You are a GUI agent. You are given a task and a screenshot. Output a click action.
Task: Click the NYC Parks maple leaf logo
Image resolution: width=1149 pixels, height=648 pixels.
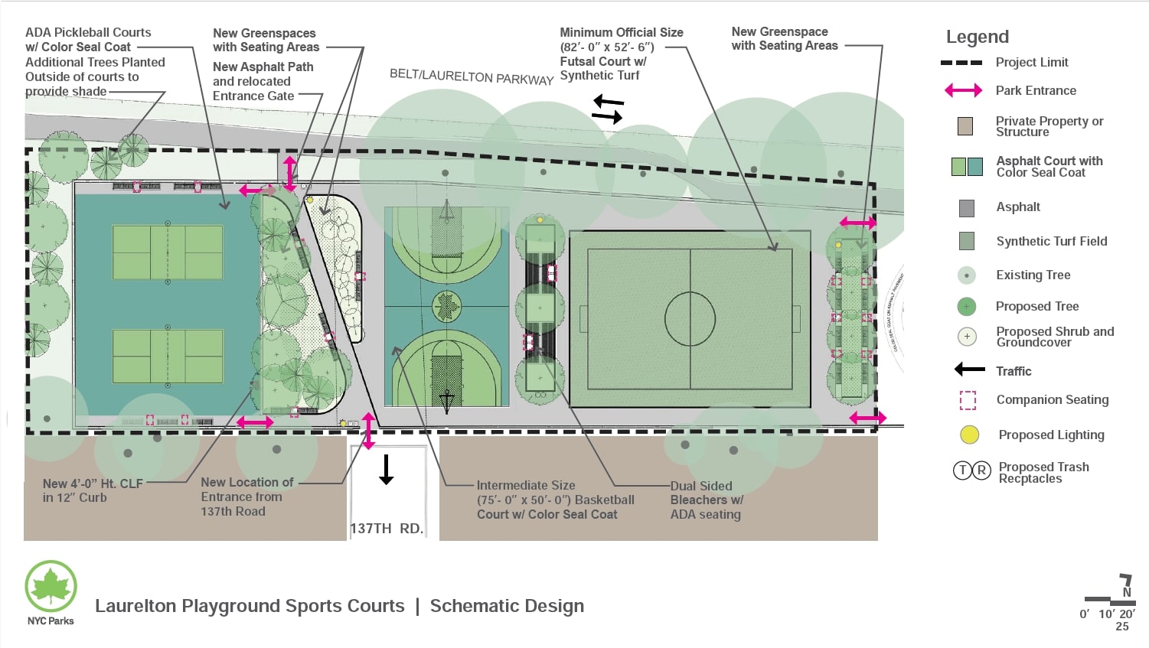click(x=51, y=586)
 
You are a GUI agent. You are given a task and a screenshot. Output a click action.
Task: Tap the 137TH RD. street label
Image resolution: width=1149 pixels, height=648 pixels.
click(x=387, y=529)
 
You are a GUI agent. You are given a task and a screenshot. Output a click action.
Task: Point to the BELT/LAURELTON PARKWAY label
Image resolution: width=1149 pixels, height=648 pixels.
click(x=472, y=77)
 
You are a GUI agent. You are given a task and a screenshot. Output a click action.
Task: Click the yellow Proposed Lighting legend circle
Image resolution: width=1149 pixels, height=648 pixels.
click(x=969, y=435)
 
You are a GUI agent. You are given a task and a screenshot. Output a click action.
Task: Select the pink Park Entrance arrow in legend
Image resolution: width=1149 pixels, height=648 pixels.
click(x=963, y=90)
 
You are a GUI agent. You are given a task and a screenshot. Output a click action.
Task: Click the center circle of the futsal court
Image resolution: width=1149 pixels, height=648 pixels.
click(x=690, y=319)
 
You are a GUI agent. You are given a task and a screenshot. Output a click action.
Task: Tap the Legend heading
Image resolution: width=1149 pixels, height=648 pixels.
click(x=977, y=37)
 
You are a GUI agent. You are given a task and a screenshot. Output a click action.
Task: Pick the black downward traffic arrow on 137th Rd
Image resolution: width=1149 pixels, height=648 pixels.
click(x=387, y=469)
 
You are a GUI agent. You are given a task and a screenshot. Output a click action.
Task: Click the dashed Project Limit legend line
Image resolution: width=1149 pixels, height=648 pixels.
click(x=961, y=63)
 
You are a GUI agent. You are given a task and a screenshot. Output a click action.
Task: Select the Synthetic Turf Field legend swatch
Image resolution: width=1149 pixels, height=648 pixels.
click(x=966, y=241)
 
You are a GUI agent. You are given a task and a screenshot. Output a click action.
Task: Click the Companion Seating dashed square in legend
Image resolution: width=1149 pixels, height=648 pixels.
click(x=968, y=400)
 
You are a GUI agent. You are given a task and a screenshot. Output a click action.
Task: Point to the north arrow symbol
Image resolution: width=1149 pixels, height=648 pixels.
click(x=1125, y=585)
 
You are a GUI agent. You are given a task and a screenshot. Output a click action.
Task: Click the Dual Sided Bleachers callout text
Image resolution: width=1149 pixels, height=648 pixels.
click(x=706, y=500)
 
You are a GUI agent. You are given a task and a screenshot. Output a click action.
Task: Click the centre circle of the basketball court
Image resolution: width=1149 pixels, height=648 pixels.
click(x=446, y=307)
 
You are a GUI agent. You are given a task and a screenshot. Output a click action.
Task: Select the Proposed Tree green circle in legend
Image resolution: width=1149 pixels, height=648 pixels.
click(x=967, y=306)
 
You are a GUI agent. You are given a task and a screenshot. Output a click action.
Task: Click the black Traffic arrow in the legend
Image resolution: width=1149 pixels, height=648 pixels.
click(x=969, y=370)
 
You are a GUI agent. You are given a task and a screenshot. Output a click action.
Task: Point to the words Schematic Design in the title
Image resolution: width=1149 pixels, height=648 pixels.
click(x=507, y=606)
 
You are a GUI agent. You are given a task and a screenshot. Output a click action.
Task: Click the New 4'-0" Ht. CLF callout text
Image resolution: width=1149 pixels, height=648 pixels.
click(x=93, y=490)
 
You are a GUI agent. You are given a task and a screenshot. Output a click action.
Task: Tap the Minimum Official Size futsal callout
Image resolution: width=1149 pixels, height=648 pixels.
click(x=621, y=54)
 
